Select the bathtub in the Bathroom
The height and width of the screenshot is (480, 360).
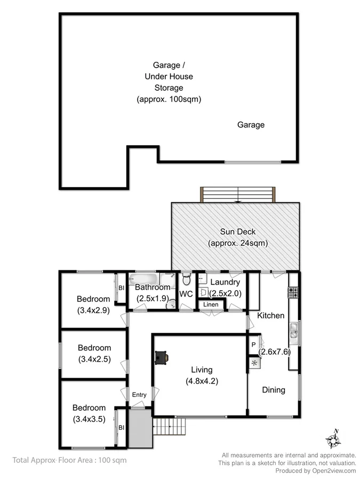point(144,279)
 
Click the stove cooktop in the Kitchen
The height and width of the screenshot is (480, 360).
point(293,292)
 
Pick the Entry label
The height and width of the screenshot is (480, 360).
point(139,395)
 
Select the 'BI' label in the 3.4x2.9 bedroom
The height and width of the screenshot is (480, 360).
point(122,288)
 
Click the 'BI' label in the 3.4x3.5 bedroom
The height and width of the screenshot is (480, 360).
point(122,427)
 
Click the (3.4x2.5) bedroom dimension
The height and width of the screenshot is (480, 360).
point(94,359)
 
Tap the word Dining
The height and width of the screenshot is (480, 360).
point(274,390)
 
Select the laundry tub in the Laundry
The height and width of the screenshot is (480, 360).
point(204,292)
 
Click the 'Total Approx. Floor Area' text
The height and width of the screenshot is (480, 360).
point(69,459)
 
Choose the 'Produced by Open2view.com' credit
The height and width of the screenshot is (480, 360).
point(316,470)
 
